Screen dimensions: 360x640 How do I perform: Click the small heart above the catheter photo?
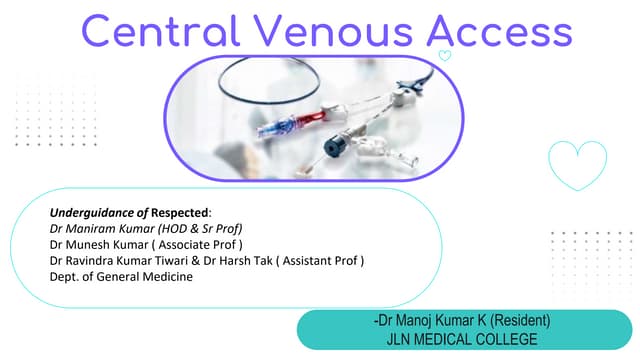coord(445,56)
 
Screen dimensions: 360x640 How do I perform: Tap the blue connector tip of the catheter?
coord(267,130)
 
